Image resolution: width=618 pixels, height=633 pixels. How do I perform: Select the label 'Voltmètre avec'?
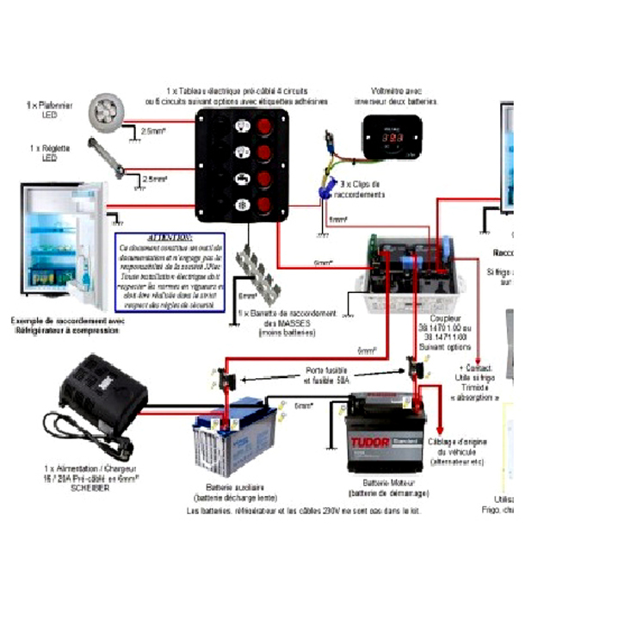[395, 91]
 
